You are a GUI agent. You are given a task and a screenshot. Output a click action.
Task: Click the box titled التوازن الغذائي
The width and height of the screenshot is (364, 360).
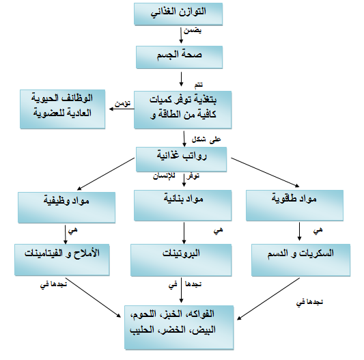(x=178, y=14)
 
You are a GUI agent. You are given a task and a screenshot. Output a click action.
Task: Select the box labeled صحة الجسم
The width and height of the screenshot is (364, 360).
(x=179, y=57)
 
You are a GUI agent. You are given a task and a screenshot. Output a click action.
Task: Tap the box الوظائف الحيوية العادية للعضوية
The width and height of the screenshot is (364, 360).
(x=62, y=109)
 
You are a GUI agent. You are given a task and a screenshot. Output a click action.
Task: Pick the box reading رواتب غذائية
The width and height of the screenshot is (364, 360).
(x=181, y=159)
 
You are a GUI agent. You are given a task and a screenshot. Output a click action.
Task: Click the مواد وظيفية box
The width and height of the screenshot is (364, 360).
(x=67, y=208)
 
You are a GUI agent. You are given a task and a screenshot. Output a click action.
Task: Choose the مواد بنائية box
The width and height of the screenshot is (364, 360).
(x=183, y=206)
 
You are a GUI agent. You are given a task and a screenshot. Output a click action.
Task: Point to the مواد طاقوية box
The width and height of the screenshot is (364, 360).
(x=294, y=206)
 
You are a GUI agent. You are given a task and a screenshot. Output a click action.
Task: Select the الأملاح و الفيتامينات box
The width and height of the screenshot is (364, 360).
(x=62, y=260)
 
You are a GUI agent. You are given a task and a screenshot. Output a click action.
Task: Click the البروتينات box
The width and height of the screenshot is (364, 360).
(x=181, y=260)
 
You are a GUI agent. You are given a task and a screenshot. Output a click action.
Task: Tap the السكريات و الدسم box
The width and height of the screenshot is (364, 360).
(x=301, y=260)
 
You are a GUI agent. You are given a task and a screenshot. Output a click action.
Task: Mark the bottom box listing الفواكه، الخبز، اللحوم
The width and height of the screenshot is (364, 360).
(x=179, y=327)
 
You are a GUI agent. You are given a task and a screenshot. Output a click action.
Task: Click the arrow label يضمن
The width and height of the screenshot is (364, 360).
(x=193, y=31)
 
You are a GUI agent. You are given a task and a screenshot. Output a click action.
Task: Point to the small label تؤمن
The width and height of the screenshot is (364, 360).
(x=122, y=103)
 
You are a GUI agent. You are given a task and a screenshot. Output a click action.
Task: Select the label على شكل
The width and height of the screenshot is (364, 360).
(x=206, y=139)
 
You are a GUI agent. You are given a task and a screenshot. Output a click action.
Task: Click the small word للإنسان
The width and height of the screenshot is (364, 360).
(x=164, y=176)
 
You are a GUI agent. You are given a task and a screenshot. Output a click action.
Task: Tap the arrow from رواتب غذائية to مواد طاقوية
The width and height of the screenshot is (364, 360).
(x=265, y=172)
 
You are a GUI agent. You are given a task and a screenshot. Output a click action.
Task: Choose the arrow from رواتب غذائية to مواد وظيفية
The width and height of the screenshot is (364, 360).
(x=106, y=174)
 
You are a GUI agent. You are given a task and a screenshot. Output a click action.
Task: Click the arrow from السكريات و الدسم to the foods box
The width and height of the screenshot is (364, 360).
(x=268, y=299)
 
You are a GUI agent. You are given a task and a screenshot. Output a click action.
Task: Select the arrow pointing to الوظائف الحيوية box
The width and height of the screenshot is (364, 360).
(x=122, y=109)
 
